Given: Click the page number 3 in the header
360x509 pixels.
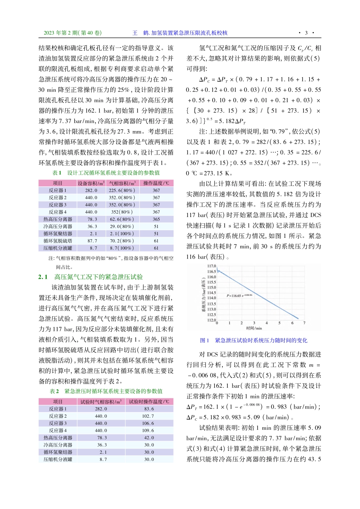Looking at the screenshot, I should point(306,33).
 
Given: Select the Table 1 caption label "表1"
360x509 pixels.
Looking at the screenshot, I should point(57,173).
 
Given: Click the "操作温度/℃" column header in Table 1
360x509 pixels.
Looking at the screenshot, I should point(156,183).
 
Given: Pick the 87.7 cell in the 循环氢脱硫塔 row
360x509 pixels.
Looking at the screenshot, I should point(92,241).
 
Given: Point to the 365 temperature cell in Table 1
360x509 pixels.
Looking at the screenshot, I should point(156,219).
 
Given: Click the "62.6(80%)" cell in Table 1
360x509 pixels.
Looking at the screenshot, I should point(122,219).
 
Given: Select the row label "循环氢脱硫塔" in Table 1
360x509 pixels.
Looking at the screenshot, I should point(58,241).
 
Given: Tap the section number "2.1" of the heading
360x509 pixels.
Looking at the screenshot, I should point(43,277).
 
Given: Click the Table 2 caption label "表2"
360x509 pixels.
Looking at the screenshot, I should point(54,391).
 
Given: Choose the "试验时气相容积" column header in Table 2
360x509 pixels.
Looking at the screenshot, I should point(101,402).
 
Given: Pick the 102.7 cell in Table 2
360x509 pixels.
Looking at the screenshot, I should point(149,416).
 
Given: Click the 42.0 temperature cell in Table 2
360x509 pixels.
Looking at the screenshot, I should point(149,438).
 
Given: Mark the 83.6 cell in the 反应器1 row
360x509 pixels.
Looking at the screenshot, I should point(149,409).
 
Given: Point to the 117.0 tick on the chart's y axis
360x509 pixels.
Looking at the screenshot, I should point(211,266).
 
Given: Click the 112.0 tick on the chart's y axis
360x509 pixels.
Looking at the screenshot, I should point(211,320).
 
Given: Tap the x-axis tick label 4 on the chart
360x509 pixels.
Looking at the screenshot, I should point(267,323).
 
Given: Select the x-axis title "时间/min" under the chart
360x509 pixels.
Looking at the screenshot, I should point(254,328).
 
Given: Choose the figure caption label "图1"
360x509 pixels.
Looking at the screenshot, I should point(205,340).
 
